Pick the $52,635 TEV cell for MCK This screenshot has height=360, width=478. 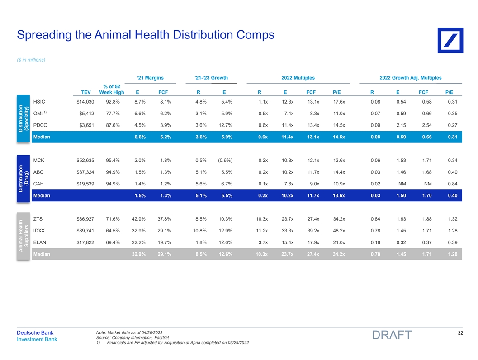pyautogui.click(x=85, y=160)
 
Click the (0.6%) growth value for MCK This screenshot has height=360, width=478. pyautogui.click(x=224, y=160)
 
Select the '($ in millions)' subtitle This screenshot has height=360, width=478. pyautogui.click(x=31, y=60)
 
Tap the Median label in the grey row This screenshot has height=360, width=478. pyautogui.click(x=42, y=254)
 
